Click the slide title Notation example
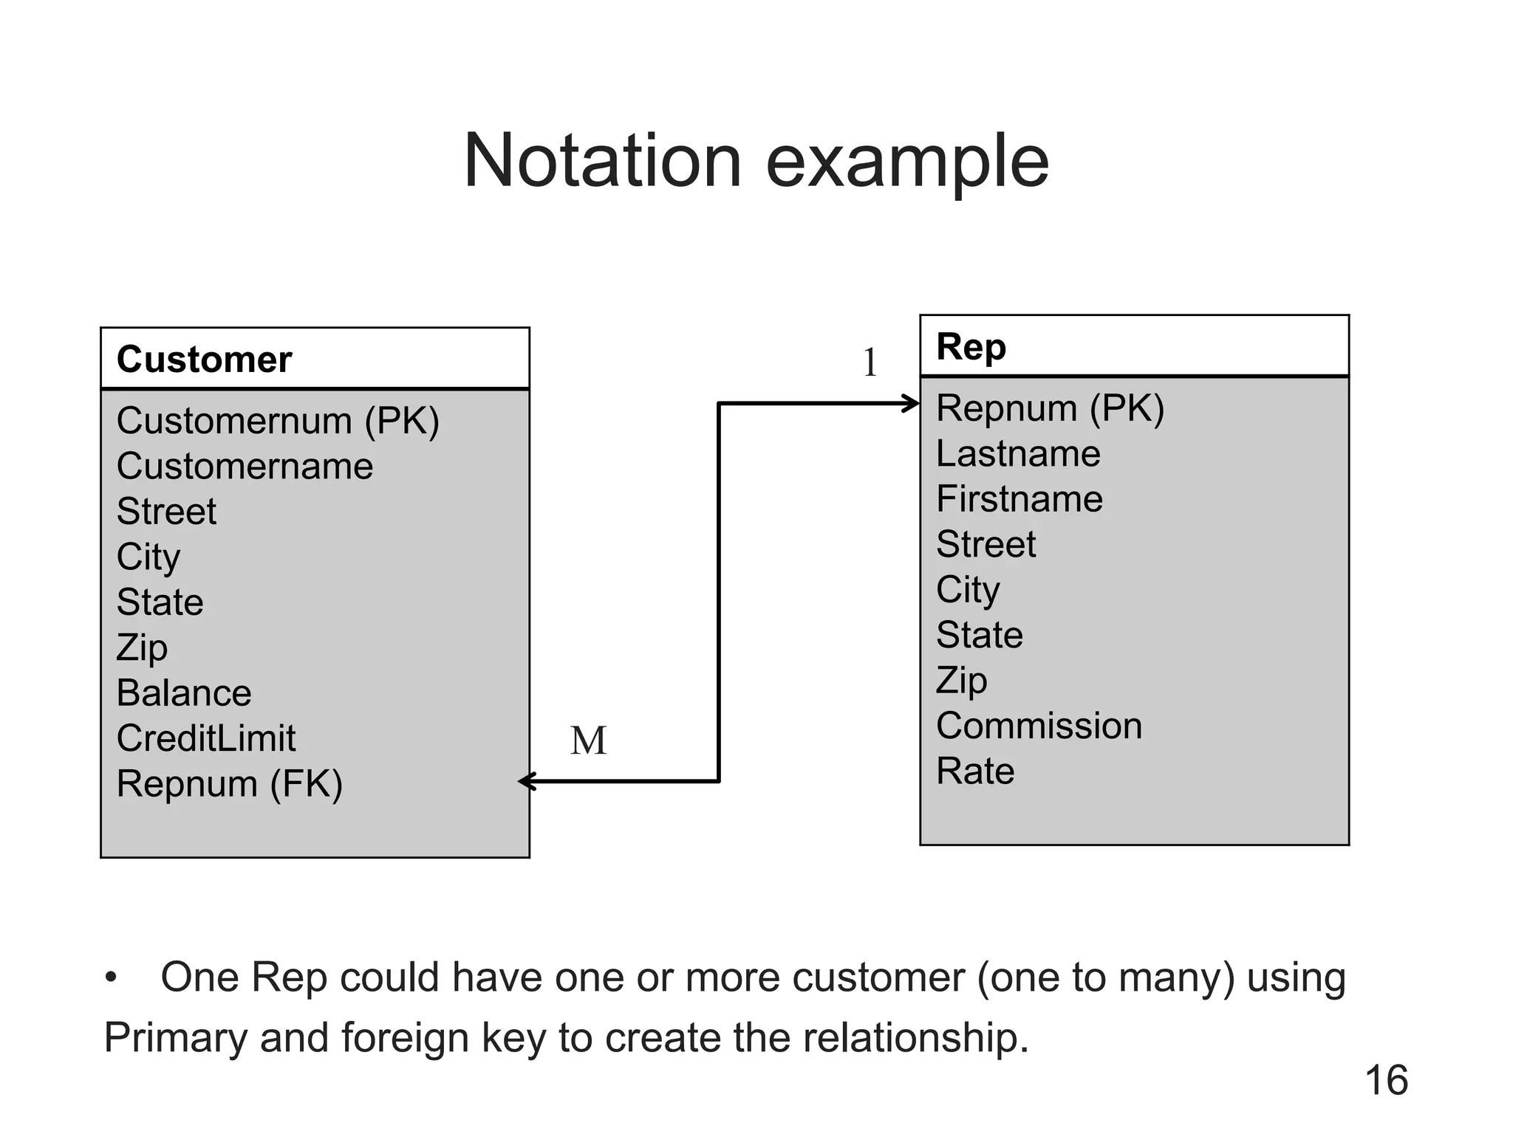(756, 161)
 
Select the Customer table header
(204, 360)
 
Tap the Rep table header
(971, 346)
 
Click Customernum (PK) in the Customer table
(278, 421)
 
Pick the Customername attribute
(245, 467)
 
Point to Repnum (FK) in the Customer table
(229, 783)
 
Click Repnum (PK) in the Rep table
(1050, 408)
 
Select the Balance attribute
(184, 693)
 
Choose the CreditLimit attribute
(206, 738)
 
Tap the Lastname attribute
(1018, 453)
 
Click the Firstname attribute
(1020, 499)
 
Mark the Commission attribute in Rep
(1039, 726)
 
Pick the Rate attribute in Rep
(975, 772)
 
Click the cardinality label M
(588, 740)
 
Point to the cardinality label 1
(870, 362)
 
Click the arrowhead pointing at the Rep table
(912, 404)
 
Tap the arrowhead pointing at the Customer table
(526, 781)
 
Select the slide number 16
(1386, 1081)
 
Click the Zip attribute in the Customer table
(142, 647)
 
